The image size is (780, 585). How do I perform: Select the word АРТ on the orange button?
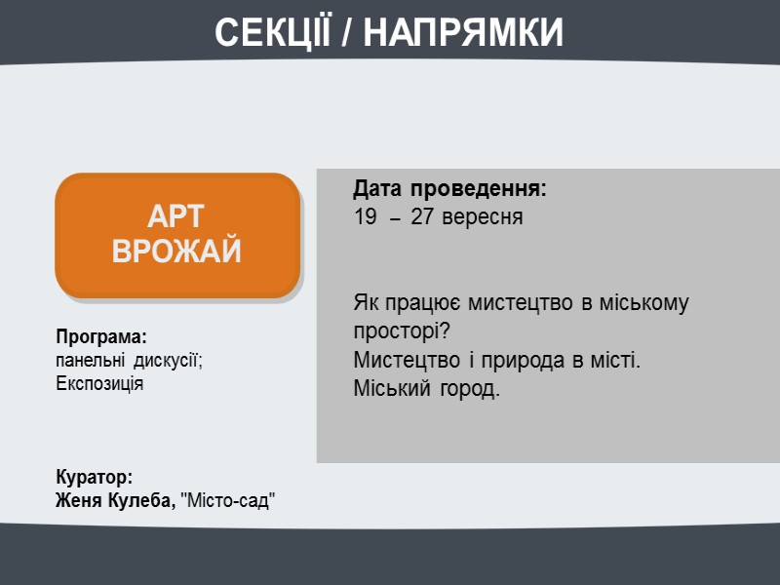click(176, 217)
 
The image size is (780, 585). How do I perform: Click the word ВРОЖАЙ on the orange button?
click(176, 252)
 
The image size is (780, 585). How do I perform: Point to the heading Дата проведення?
click(450, 187)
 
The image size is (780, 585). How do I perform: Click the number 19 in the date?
click(365, 217)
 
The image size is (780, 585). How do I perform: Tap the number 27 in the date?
click(423, 217)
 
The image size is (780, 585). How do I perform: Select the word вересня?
click(482, 217)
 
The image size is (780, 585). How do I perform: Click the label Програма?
click(101, 337)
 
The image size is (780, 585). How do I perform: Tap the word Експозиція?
click(99, 382)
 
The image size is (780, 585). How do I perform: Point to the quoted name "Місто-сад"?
click(230, 501)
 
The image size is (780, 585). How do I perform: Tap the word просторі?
click(401, 331)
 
